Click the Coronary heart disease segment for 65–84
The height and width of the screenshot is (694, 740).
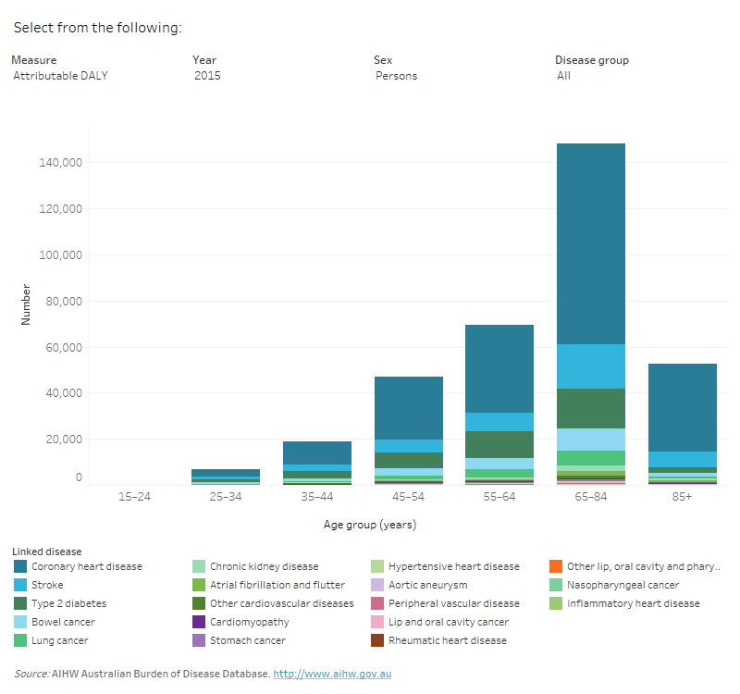click(x=590, y=243)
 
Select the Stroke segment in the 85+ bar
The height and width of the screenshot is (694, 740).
click(x=682, y=459)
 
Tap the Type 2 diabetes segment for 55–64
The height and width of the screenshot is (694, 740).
click(x=499, y=444)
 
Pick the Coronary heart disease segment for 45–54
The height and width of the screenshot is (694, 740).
click(x=408, y=408)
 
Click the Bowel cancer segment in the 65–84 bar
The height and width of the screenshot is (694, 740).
click(x=590, y=440)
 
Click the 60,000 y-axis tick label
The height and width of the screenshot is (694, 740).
click(x=64, y=348)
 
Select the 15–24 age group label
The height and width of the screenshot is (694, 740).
click(x=134, y=497)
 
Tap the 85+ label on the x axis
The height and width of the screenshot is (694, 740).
click(x=682, y=497)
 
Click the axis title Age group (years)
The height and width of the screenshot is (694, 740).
click(x=369, y=525)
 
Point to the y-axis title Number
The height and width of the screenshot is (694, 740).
click(x=26, y=308)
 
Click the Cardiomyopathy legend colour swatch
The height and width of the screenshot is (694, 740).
click(x=198, y=622)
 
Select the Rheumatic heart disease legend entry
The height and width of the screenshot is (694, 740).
click(x=448, y=640)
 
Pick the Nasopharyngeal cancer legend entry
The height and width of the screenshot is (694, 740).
click(x=623, y=585)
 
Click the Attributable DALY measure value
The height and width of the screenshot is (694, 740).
click(x=60, y=76)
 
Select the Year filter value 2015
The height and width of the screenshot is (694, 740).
click(x=207, y=76)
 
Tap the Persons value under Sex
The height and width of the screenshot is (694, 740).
click(x=396, y=76)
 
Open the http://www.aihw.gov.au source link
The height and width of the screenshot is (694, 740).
click(x=332, y=674)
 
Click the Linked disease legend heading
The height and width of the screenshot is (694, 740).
click(x=47, y=551)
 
